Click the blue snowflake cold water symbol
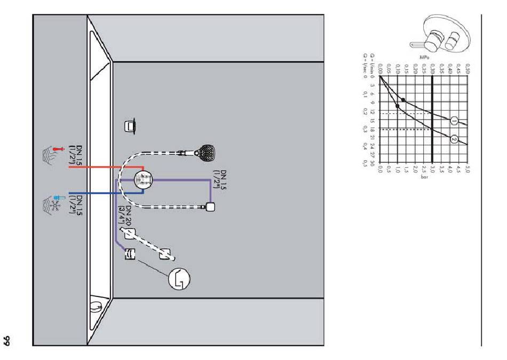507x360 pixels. pyautogui.click(x=53, y=203)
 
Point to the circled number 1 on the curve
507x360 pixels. pyautogui.click(x=454, y=120)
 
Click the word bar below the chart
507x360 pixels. pyautogui.click(x=424, y=176)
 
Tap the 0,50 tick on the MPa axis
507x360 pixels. pyautogui.click(x=468, y=72)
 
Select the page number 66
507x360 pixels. pyautogui.click(x=9, y=339)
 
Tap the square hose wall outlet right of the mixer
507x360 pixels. pyautogui.click(x=210, y=207)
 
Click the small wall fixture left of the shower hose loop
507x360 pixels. pyautogui.click(x=130, y=127)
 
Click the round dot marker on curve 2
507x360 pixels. pyautogui.click(x=398, y=106)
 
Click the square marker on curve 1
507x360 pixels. pyautogui.click(x=403, y=100)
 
